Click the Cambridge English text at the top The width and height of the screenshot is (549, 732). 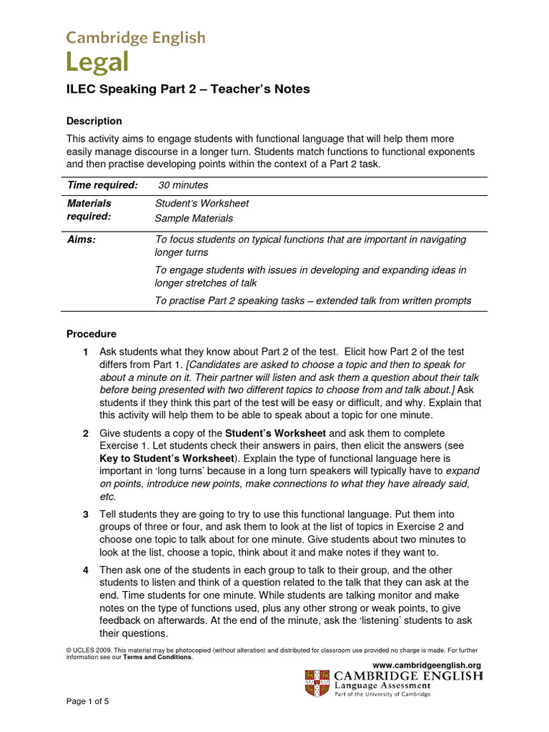tap(136, 37)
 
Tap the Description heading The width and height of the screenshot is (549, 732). tap(94, 121)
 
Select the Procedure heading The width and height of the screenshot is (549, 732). tap(91, 334)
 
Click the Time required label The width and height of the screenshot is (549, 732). tap(102, 185)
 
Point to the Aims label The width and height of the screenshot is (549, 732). tap(81, 239)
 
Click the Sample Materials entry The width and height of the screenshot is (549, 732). tap(194, 218)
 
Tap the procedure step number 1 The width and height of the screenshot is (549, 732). tap(86, 352)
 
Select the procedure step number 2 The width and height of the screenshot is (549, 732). tap(86, 433)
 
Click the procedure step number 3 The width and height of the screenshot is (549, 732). tap(86, 515)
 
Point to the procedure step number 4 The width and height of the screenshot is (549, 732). tap(86, 569)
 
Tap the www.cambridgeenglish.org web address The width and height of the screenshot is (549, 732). tap(427, 666)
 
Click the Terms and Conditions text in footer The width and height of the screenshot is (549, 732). tap(158, 657)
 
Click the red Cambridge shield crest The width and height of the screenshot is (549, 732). tap(318, 683)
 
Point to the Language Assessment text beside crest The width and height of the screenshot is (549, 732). tap(384, 685)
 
